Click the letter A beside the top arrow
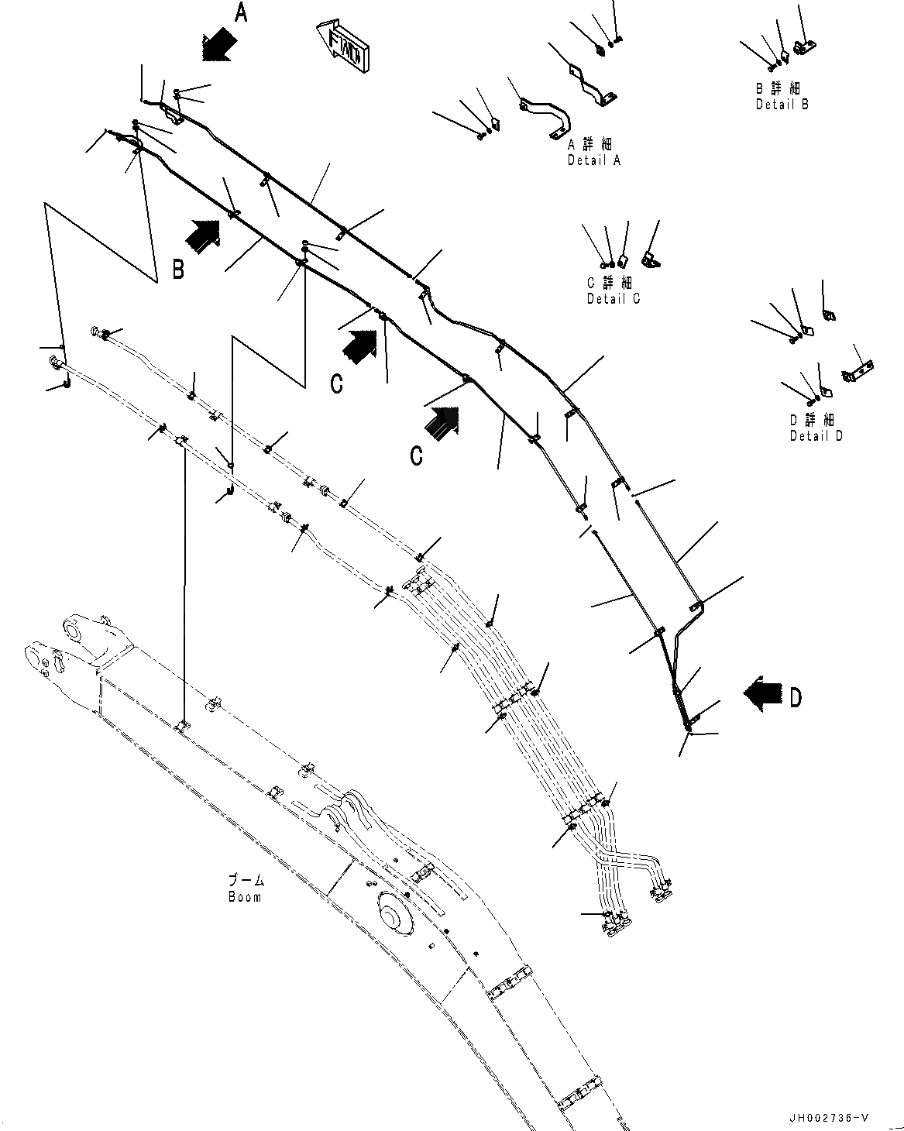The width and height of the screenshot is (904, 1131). point(241,13)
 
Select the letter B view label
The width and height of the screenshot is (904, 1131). point(178,270)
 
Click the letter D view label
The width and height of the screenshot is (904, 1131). point(796,698)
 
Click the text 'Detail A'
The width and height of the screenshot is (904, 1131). point(594,161)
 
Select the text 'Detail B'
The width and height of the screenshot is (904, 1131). point(782,105)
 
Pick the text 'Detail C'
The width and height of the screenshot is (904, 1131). point(614,299)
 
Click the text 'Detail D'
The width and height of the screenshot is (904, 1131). point(816,436)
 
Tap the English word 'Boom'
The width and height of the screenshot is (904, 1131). point(245,897)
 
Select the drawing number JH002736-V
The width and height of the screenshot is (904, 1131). point(830,1118)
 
